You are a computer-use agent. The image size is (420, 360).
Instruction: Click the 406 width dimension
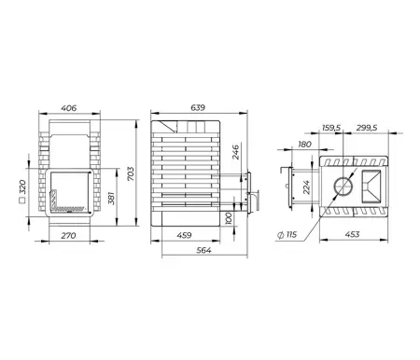[x=69, y=108]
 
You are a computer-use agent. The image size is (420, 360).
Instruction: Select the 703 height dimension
[x=131, y=173]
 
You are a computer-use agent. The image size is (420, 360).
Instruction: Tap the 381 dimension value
[x=112, y=199]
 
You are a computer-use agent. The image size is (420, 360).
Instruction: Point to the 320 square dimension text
[x=22, y=187]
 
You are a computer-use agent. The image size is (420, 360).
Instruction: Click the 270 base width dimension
[x=68, y=236]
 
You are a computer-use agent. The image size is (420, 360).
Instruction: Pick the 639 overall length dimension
[x=198, y=107]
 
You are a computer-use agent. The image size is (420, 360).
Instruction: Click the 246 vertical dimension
[x=236, y=152]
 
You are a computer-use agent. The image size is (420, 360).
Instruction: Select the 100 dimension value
[x=229, y=218]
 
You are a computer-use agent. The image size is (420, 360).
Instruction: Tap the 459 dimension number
[x=184, y=235]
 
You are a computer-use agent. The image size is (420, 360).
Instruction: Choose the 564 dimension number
[x=203, y=250]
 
